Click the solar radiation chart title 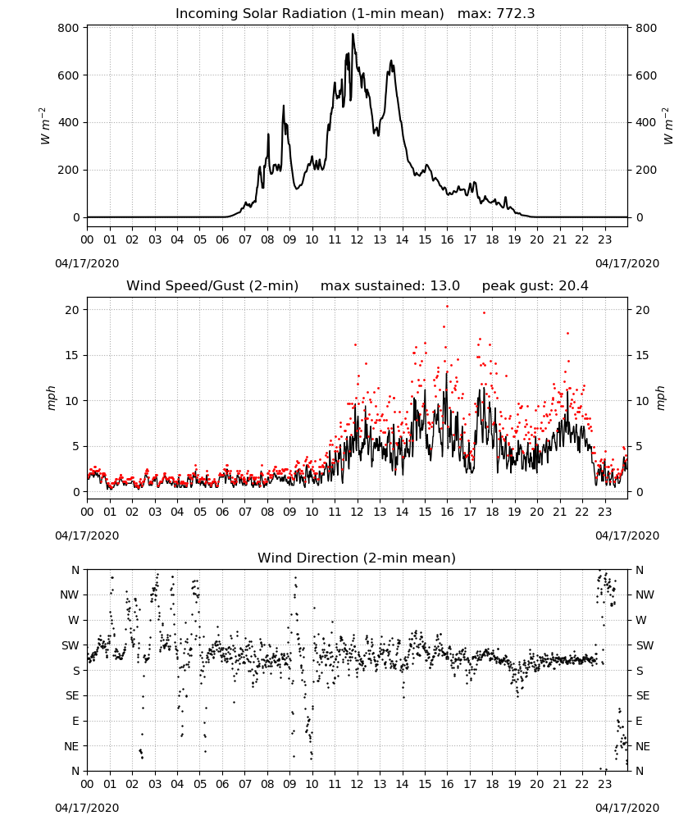coord(355,14)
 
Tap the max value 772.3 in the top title coord(515,14)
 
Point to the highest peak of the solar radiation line coord(353,34)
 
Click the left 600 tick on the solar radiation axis coord(69,75)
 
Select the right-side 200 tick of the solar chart coord(646,170)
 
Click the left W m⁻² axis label coord(45,126)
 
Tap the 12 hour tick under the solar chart coord(358,239)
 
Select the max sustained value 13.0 coord(445,286)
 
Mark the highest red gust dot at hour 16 coord(447,307)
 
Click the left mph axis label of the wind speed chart coord(51,398)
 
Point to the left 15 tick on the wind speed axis coord(73,356)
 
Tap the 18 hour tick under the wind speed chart coord(492,512)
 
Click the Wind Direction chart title coord(357,558)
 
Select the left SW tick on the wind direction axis coord(71,645)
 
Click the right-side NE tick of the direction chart coord(643,746)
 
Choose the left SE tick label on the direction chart coord(72,695)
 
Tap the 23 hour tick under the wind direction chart coord(604,783)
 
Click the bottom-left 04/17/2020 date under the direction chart coord(87,808)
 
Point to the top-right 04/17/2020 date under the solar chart coord(627,263)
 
